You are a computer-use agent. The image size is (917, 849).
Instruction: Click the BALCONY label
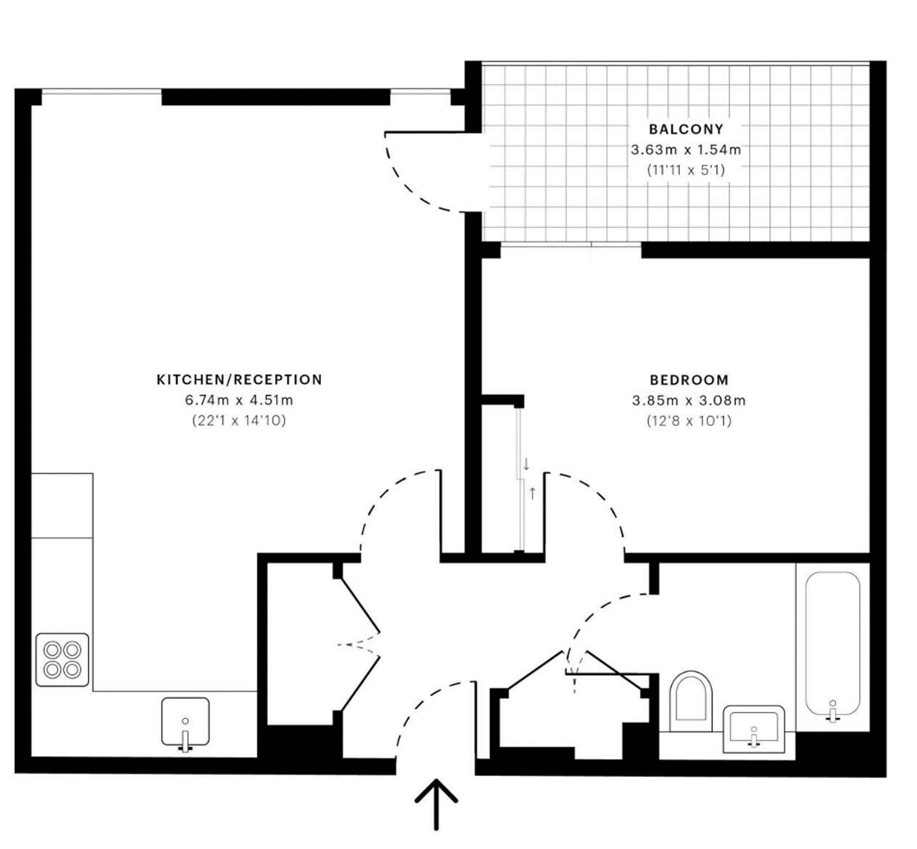[686, 130]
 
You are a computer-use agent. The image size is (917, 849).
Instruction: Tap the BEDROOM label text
[689, 380]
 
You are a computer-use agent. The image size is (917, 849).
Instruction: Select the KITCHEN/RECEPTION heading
[239, 379]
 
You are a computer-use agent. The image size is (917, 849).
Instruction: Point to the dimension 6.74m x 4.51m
[239, 400]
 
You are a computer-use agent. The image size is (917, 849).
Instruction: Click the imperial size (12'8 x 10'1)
[689, 421]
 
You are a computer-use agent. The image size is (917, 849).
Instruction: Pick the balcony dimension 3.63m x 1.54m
[686, 150]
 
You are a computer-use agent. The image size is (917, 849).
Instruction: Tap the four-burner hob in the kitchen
[62, 660]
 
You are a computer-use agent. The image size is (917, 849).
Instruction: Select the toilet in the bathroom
[691, 701]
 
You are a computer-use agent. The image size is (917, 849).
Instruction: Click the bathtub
[833, 644]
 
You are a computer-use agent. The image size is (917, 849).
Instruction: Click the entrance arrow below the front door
[436, 805]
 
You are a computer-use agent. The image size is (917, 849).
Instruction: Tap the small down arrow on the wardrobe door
[526, 464]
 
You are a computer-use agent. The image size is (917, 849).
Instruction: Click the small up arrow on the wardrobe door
[532, 493]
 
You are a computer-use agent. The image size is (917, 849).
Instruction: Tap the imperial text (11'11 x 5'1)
[686, 170]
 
